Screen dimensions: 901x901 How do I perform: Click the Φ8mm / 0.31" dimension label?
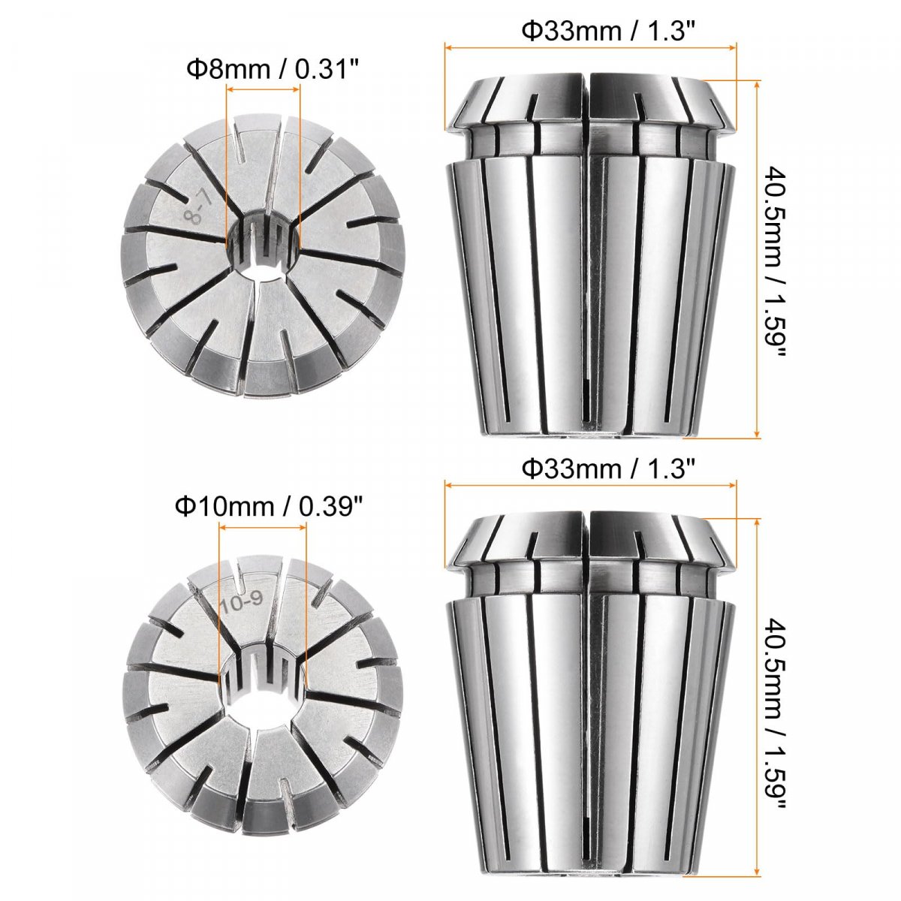(273, 70)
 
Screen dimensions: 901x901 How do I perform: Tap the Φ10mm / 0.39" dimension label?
(269, 507)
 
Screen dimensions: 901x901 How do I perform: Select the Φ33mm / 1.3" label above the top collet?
(608, 31)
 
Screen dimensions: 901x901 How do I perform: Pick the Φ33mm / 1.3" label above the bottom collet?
(608, 468)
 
